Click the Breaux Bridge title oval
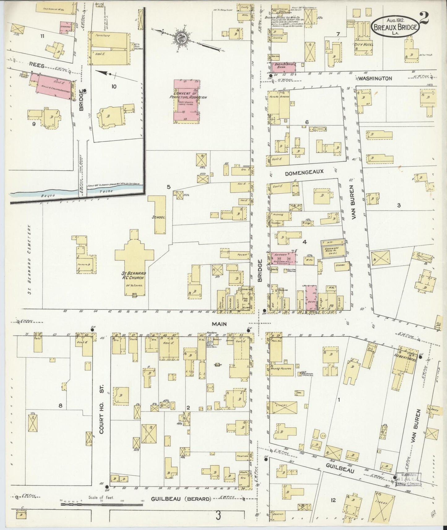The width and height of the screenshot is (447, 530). coord(395,26)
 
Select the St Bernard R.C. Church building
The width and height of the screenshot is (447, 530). coord(134,263)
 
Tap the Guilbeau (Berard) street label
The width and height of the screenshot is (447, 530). coord(181,499)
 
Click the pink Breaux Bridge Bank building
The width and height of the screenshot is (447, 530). coord(284,66)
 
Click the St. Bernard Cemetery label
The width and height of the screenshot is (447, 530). coord(30,260)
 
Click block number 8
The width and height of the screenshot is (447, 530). coord(61,406)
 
